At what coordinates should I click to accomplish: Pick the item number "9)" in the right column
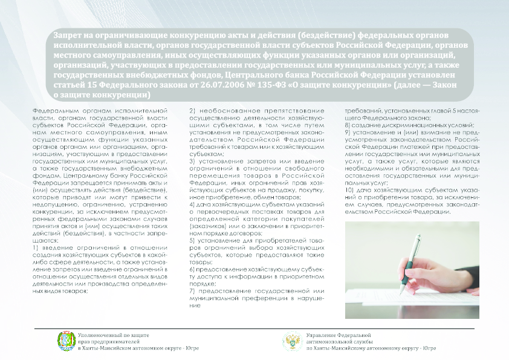347,132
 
